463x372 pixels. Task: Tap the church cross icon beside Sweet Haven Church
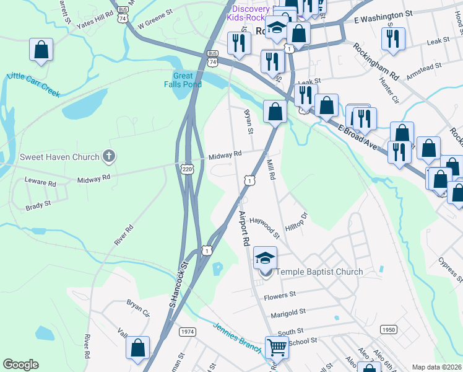tap(109, 156)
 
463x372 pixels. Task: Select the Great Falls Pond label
tap(183, 80)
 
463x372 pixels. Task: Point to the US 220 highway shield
tap(188, 168)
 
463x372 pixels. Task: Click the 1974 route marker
tap(188, 332)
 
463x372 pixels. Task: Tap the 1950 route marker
tap(388, 329)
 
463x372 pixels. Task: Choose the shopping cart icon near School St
tap(276, 347)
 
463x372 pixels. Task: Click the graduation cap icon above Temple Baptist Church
tap(265, 258)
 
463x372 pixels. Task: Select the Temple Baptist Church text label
tap(319, 272)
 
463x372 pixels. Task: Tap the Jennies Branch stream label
tap(237, 335)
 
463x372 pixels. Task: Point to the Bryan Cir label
tap(138, 309)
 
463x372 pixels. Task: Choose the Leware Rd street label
tap(40, 184)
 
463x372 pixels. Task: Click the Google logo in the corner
tap(20, 365)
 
